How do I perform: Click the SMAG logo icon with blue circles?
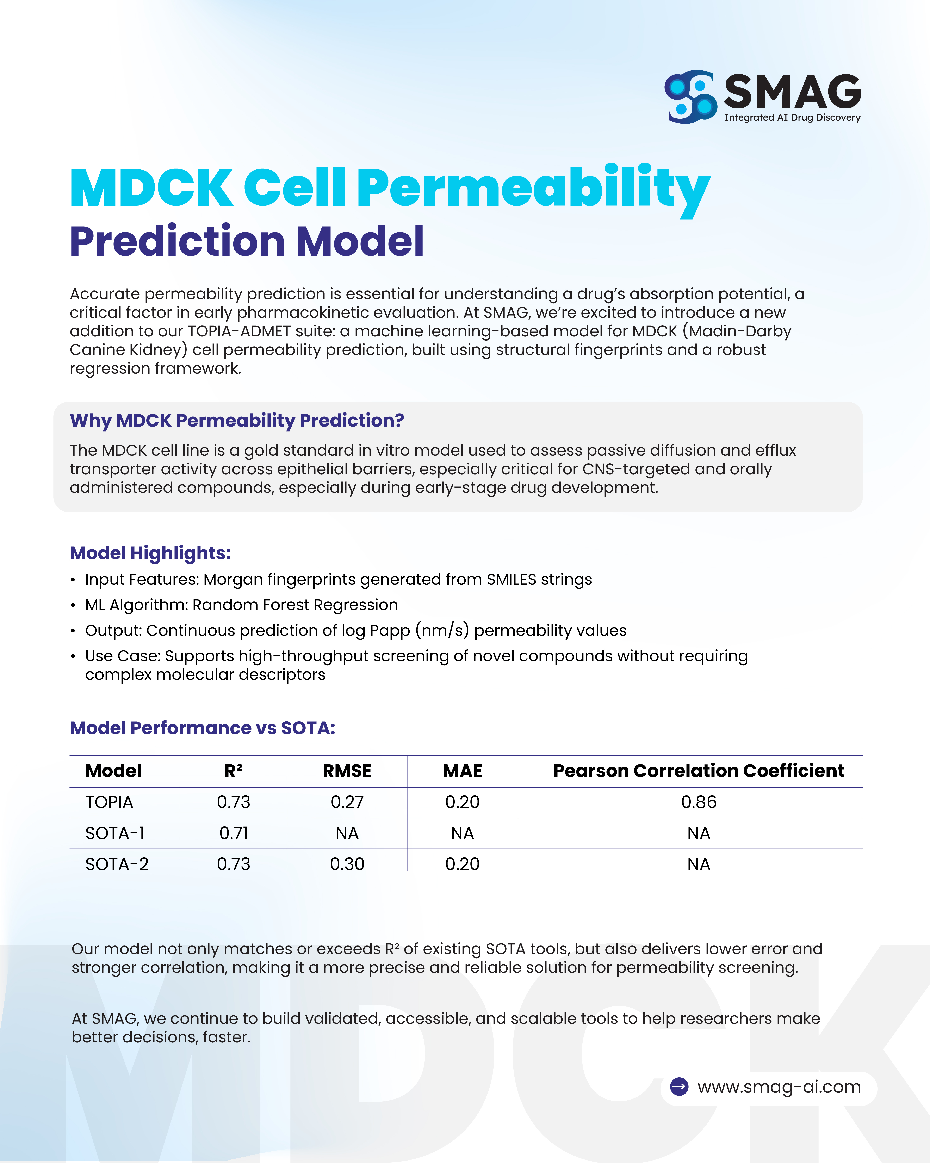[x=691, y=97]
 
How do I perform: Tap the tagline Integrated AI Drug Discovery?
[x=792, y=118]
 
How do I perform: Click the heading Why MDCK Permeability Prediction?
[x=237, y=420]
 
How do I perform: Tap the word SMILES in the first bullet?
[x=511, y=579]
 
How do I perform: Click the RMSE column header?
[x=347, y=771]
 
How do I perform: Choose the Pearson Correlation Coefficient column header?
[x=699, y=771]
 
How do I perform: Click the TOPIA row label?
[x=109, y=802]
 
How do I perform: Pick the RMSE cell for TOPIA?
[x=347, y=802]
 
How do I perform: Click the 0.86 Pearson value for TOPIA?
[x=699, y=802]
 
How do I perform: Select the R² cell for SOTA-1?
[x=234, y=833]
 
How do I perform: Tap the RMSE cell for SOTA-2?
[x=347, y=864]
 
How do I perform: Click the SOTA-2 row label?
[x=116, y=864]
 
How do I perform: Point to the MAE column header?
[x=462, y=771]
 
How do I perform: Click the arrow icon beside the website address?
[x=679, y=1087]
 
